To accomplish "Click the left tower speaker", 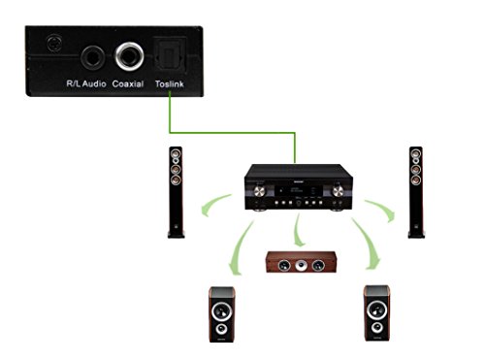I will pyautogui.click(x=176, y=191).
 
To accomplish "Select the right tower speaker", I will pyautogui.click(x=415, y=191).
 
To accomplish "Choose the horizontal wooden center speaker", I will pyautogui.click(x=296, y=261).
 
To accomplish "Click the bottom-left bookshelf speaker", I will pyautogui.click(x=222, y=314).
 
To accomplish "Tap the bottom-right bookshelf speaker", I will pyautogui.click(x=376, y=313).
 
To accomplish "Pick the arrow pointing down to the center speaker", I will pyautogui.click(x=300, y=234).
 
